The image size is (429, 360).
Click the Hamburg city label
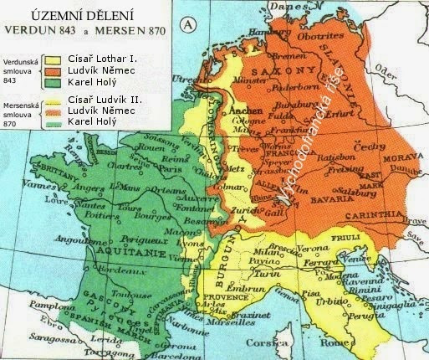266,33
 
